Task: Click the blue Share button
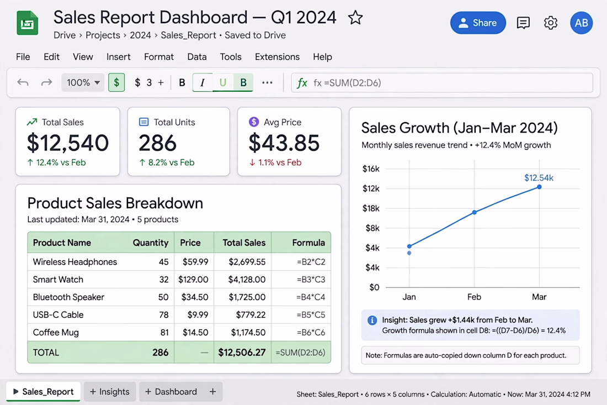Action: coord(478,23)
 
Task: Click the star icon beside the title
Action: coord(355,18)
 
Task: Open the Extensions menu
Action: coord(277,57)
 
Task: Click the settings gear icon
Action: coord(550,23)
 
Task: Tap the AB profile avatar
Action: coord(581,23)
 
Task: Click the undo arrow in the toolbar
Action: coord(23,82)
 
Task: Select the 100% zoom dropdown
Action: coord(83,82)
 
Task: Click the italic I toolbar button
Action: coord(202,82)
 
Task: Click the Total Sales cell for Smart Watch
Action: coord(243,280)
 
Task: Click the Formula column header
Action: coord(308,243)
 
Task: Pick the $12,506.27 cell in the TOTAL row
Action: coord(242,353)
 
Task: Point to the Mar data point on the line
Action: coord(539,187)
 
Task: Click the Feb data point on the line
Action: coord(474,212)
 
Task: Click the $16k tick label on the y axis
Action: coord(371,169)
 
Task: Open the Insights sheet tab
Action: coord(110,392)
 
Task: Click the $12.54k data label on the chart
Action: coord(539,178)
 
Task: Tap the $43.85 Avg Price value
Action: coord(284,143)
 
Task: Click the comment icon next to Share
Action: coord(523,23)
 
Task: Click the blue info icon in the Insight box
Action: coord(372,320)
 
